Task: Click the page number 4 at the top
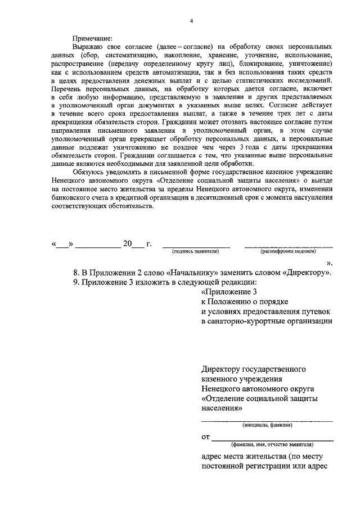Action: pyautogui.click(x=191, y=21)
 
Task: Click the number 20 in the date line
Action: pyautogui.click(x=127, y=244)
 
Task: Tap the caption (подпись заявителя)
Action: pyautogui.click(x=196, y=252)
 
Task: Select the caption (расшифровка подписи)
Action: pyautogui.click(x=287, y=252)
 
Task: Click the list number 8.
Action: pyautogui.click(x=76, y=272)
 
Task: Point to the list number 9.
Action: pyautogui.click(x=76, y=282)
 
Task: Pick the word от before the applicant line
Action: pyautogui.click(x=205, y=436)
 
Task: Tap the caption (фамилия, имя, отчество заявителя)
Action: pyautogui.click(x=272, y=444)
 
